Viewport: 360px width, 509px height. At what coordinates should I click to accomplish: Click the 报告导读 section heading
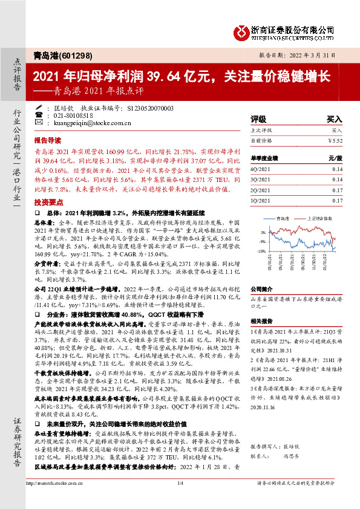pyautogui.click(x=48, y=139)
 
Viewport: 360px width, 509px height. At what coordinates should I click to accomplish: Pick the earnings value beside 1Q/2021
pyautogui.click(x=337, y=199)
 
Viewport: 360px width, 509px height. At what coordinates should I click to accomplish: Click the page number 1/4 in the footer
pyautogui.click(x=180, y=501)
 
